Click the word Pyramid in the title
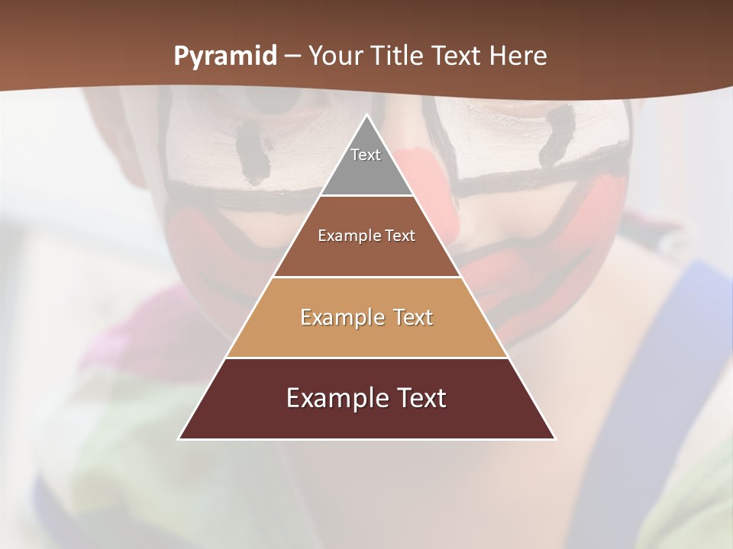224,56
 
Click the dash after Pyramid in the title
292,56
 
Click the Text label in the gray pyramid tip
366,155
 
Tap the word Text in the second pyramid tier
400,236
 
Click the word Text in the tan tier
413,317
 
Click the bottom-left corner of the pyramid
179,438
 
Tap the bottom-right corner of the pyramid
555,438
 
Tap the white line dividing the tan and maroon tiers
367,358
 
